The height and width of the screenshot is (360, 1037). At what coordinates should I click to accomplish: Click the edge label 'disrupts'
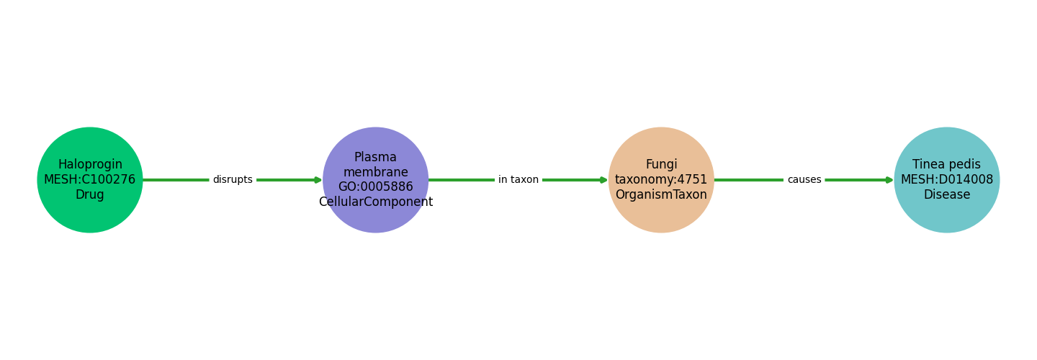click(x=233, y=180)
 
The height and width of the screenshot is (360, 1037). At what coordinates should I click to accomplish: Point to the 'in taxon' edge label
click(x=518, y=180)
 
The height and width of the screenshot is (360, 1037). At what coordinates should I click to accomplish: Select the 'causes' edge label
click(x=804, y=180)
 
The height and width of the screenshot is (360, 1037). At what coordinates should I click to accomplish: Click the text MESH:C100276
click(x=90, y=180)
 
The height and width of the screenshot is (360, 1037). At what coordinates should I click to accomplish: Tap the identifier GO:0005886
click(x=376, y=187)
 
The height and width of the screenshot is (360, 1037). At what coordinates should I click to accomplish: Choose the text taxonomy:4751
click(x=661, y=180)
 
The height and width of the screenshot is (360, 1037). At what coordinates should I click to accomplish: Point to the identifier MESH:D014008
click(x=946, y=180)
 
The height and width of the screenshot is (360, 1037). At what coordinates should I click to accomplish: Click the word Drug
click(x=90, y=195)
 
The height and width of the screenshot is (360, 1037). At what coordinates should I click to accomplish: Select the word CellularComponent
click(x=376, y=202)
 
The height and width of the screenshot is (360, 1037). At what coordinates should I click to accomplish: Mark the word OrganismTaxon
click(x=661, y=195)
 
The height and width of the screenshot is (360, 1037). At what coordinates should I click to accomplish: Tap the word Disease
click(x=946, y=195)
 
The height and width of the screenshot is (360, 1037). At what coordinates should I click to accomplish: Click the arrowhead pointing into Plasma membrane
click(x=318, y=180)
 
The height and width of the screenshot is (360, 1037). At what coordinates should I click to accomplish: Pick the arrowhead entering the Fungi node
click(x=604, y=180)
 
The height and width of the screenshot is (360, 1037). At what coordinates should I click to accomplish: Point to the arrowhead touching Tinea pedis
click(x=889, y=180)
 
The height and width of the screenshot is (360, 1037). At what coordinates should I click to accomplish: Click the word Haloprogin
click(x=90, y=165)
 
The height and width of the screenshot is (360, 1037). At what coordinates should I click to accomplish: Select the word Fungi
click(x=661, y=165)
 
